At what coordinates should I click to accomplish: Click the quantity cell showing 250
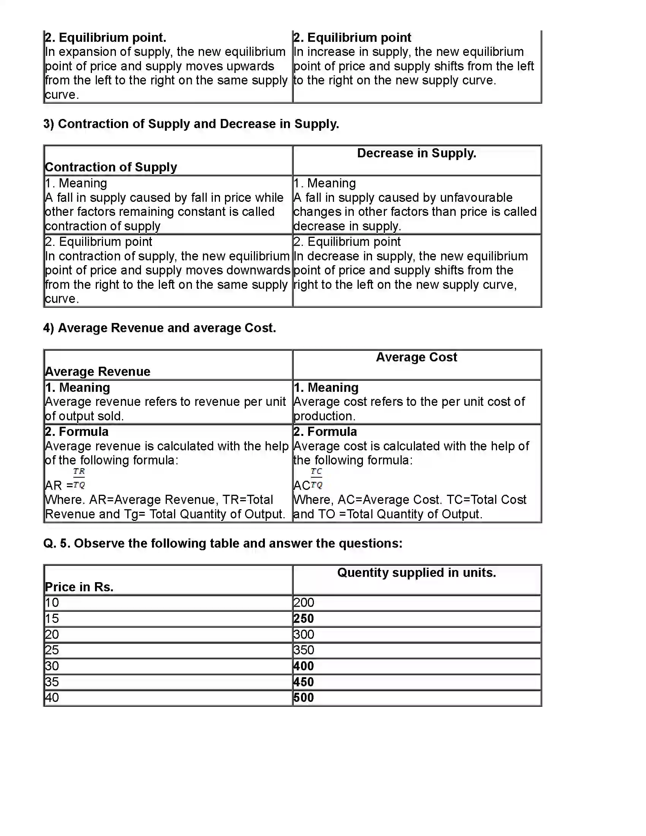[x=304, y=619]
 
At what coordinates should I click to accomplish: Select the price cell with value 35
[x=52, y=682]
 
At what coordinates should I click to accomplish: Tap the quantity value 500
[x=304, y=697]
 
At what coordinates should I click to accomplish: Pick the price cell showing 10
[x=52, y=603]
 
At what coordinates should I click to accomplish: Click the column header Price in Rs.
[x=79, y=587]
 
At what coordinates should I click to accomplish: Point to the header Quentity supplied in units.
[x=416, y=573]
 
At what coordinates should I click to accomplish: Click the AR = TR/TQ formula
[x=65, y=479]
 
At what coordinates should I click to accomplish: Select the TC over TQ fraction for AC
[x=316, y=478]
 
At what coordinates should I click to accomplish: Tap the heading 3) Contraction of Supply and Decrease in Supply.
[x=191, y=124]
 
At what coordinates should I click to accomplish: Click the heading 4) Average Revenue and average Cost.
[x=160, y=328]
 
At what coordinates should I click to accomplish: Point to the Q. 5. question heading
[x=223, y=543]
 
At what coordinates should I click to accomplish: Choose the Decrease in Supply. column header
[x=416, y=153]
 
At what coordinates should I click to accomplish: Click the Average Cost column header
[x=416, y=357]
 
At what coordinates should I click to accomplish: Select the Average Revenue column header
[x=98, y=372]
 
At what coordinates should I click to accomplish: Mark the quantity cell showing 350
[x=304, y=650]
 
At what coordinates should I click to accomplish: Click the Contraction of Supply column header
[x=111, y=167]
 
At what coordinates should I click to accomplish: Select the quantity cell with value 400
[x=304, y=666]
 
